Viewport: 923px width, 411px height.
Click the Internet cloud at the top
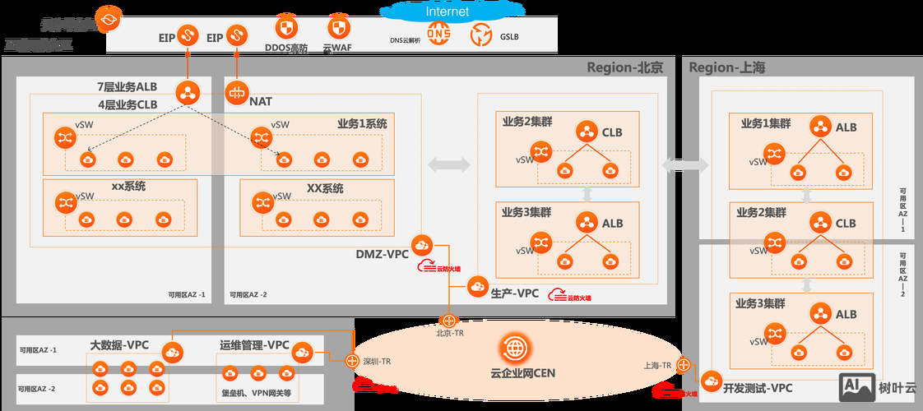tap(447, 12)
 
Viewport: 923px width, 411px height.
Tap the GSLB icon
tap(481, 35)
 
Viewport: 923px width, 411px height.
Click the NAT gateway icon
tap(237, 92)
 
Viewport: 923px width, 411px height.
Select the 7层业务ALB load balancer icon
tap(188, 91)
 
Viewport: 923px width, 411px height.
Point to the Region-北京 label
tap(624, 67)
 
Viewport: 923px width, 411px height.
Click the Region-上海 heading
tap(726, 67)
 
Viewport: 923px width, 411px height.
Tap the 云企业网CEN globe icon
tap(516, 348)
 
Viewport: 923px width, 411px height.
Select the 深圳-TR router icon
tap(352, 361)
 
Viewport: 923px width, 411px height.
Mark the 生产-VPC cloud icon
tap(478, 286)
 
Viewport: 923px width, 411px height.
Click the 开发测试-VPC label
tap(758, 388)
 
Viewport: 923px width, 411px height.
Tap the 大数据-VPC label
tap(119, 345)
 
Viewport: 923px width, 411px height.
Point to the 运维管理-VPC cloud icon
tap(302, 352)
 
